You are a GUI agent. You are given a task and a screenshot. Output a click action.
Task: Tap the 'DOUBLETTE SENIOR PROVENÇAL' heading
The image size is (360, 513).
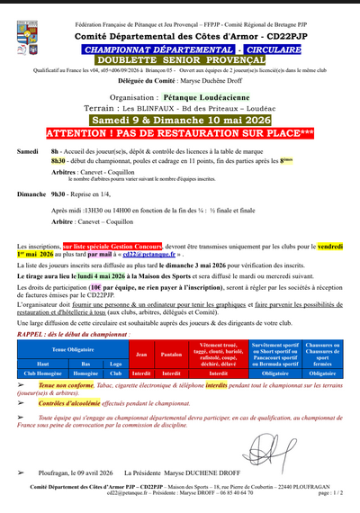pyautogui.click(x=179, y=59)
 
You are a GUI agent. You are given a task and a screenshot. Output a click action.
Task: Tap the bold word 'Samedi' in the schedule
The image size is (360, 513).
pyautogui.click(x=28, y=151)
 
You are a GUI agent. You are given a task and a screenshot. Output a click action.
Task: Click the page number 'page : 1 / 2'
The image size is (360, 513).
pyautogui.click(x=329, y=493)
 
